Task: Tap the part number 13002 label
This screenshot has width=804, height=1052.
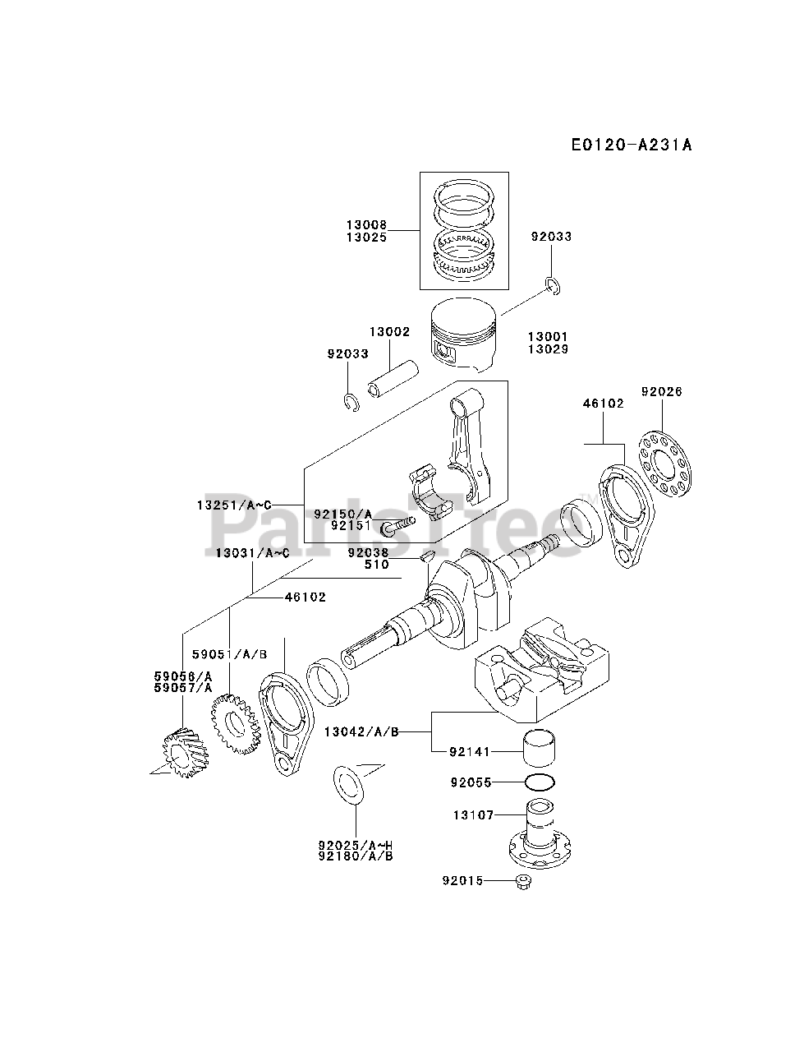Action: [389, 331]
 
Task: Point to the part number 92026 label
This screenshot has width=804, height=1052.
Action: [661, 392]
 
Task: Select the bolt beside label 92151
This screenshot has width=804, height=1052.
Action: [398, 526]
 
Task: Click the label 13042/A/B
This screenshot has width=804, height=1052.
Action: [361, 731]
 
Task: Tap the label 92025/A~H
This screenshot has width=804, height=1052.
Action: [356, 845]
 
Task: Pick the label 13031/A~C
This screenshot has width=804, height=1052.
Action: [252, 553]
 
